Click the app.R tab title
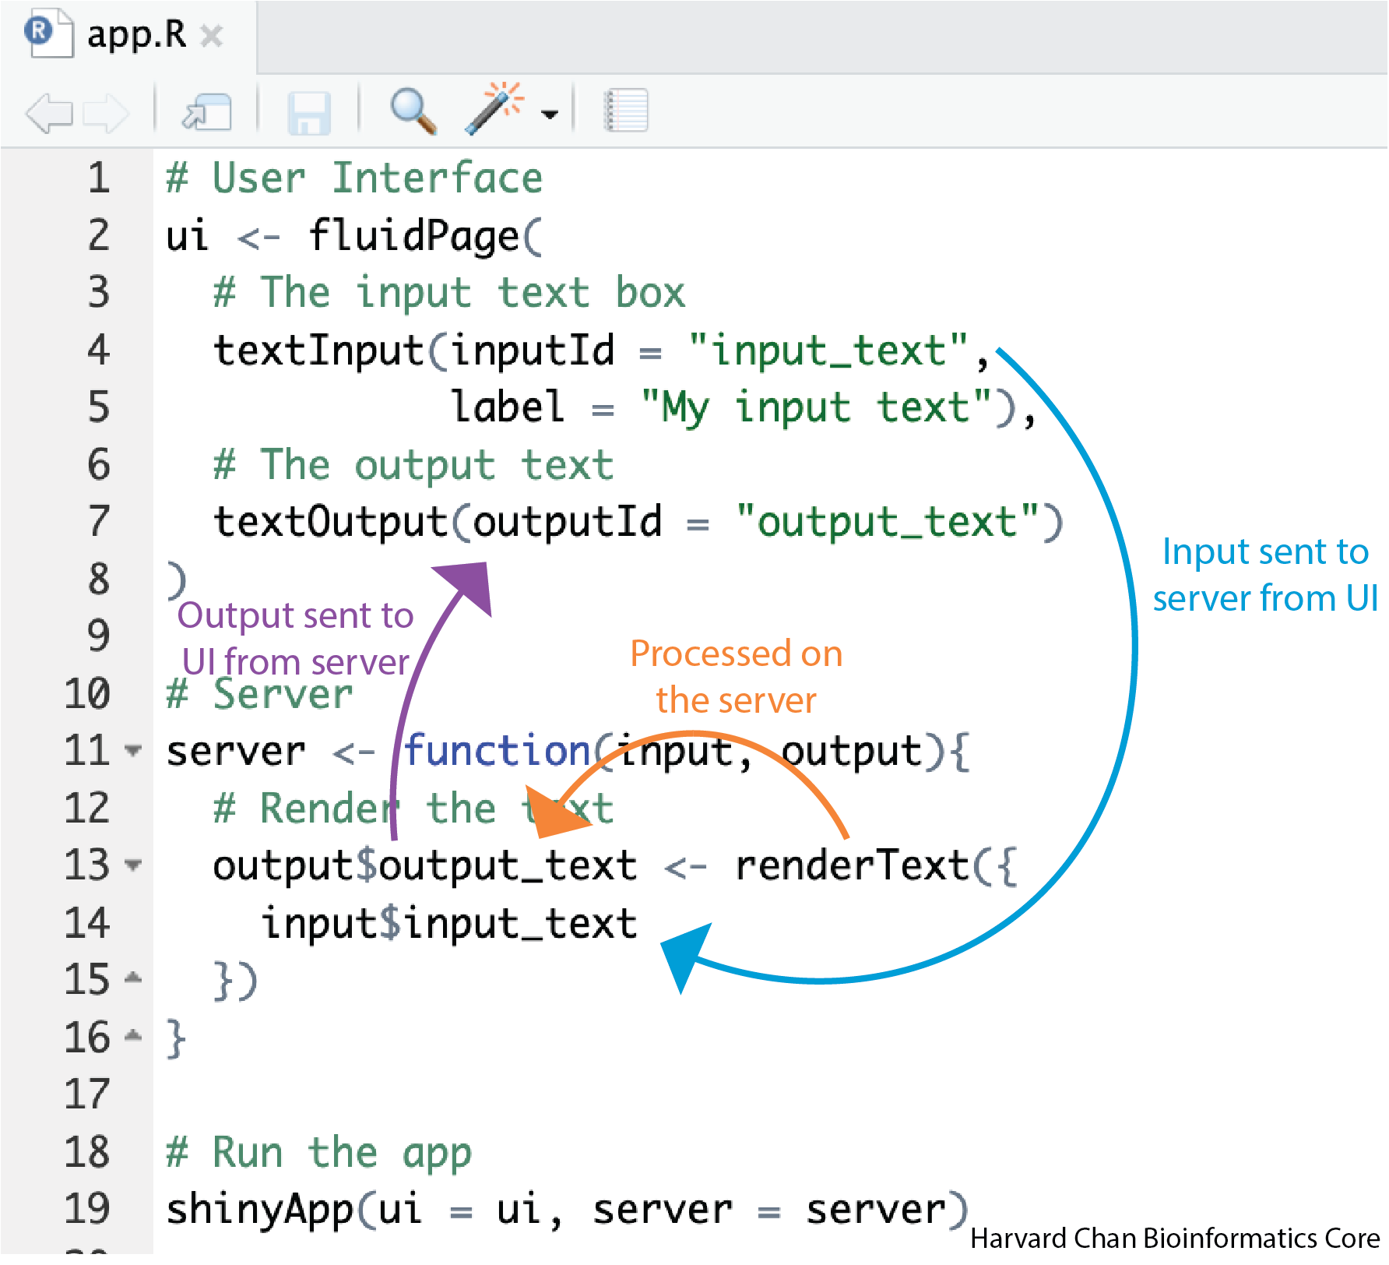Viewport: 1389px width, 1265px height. pos(136,35)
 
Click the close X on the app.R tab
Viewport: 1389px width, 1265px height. pos(211,36)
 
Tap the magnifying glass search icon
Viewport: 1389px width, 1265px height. pos(413,111)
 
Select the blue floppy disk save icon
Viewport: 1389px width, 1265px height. pos(309,113)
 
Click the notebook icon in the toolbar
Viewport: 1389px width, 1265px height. pos(626,111)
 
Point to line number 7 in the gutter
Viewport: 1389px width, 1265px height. pos(99,521)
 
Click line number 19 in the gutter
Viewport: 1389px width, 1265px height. pos(87,1209)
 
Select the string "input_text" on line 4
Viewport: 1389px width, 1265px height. pos(828,351)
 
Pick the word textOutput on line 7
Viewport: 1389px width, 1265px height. pos(331,522)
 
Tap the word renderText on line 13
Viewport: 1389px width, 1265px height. pos(852,865)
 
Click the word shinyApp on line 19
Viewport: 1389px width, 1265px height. pos(260,1210)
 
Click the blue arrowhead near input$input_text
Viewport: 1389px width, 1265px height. pos(685,954)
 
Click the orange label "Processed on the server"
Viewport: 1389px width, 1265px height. pos(736,676)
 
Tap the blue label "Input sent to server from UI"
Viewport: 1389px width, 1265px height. pos(1265,575)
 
